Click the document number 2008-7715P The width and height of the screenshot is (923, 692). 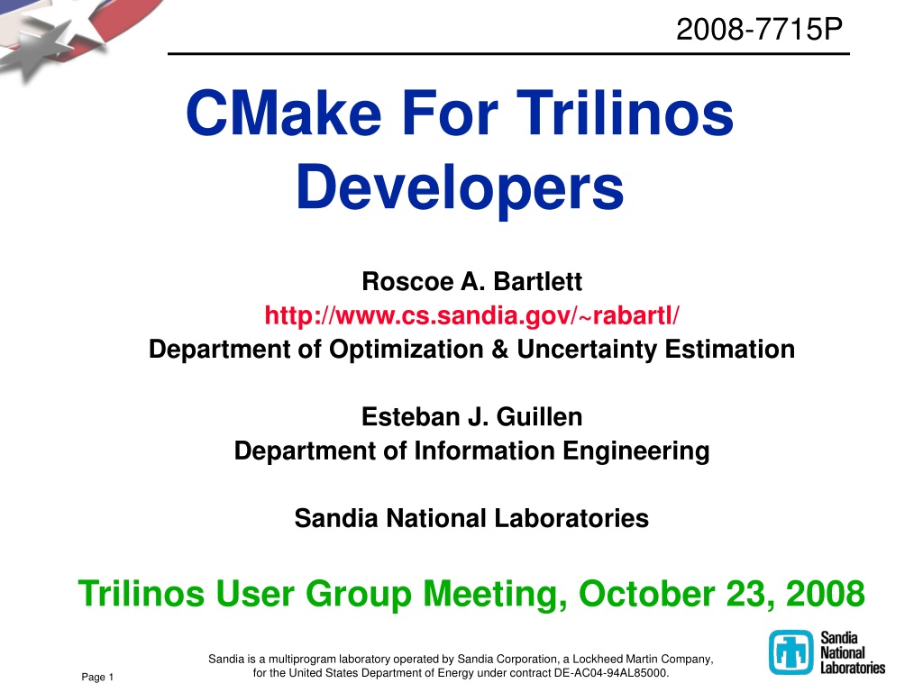pos(759,30)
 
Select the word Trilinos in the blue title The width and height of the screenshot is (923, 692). pos(626,113)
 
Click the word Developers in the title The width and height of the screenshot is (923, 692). pos(460,187)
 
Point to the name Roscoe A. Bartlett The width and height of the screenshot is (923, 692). pos(471,281)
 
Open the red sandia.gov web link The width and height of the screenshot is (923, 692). pos(471,315)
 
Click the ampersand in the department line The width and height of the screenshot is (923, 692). pos(499,349)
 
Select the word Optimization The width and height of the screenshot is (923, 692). pos(407,350)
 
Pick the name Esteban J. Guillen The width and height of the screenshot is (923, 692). pos(471,416)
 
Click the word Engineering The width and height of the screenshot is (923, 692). pos(635,451)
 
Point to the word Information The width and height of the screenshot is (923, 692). pos(484,451)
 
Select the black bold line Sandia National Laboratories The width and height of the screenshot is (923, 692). pos(471,518)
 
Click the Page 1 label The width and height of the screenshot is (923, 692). pos(97,678)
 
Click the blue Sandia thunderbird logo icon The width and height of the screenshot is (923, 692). pos(790,652)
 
